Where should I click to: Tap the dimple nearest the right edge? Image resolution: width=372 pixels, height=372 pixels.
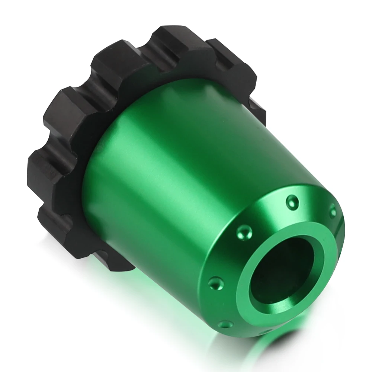coord(333,211)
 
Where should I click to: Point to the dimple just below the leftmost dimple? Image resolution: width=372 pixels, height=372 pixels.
coord(224,324)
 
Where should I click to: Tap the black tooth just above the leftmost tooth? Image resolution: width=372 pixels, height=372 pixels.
coord(67,108)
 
